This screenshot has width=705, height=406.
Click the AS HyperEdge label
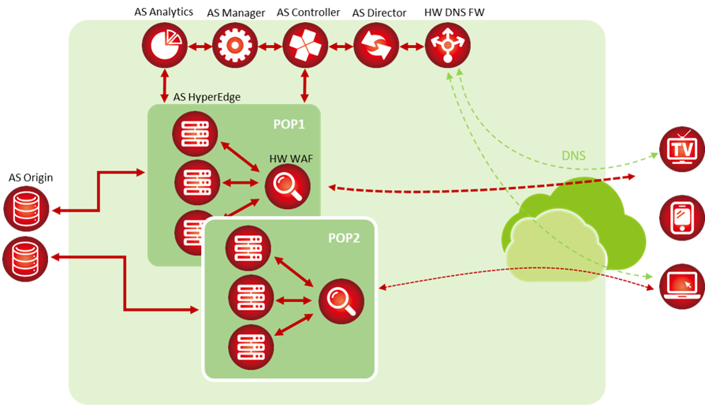pyautogui.click(x=207, y=97)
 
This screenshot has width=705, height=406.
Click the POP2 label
pyautogui.click(x=344, y=237)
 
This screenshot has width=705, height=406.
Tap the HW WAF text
pyautogui.click(x=290, y=158)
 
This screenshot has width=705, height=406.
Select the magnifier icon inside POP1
pyautogui.click(x=288, y=188)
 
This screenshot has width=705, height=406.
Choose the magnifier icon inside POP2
pyautogui.click(x=341, y=300)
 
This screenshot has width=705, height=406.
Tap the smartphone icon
pyautogui.click(x=681, y=218)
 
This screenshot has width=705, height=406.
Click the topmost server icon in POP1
pyautogui.click(x=196, y=135)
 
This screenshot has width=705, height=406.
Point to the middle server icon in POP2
pyautogui.click(x=251, y=298)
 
